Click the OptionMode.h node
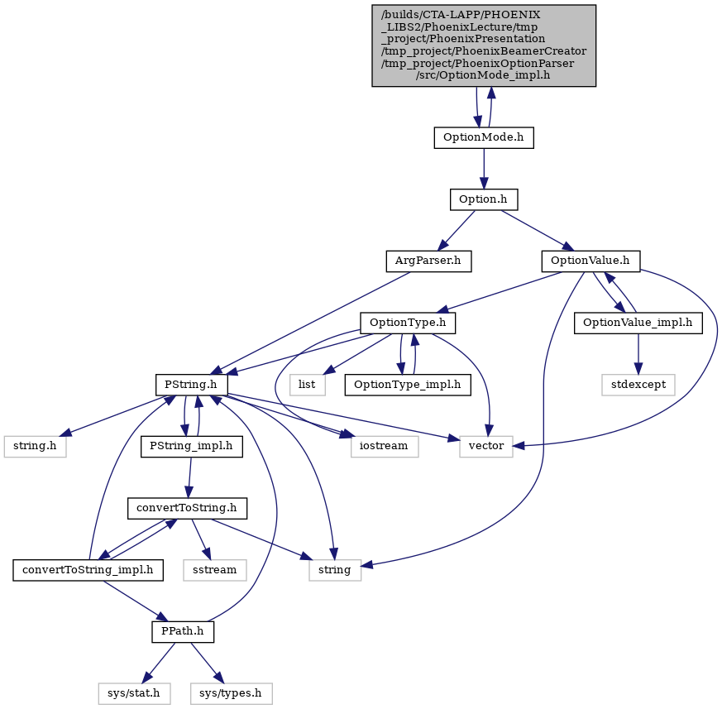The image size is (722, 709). [484, 137]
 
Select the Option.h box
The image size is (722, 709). [484, 199]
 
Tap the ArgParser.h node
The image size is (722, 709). [428, 261]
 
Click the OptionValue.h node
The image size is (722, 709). [591, 261]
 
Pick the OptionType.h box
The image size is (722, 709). [408, 323]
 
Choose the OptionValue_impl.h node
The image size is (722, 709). [638, 323]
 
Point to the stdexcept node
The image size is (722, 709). [638, 385]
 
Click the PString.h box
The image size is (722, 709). [191, 385]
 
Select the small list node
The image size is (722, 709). [307, 385]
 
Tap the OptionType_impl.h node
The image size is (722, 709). [408, 385]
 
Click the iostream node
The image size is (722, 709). [384, 447]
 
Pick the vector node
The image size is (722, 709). [486, 447]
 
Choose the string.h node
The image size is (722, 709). [35, 447]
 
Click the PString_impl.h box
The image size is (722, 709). [192, 447]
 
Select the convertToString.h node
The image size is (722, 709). [187, 508]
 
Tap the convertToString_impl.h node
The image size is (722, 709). [88, 570]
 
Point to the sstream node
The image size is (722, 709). [215, 570]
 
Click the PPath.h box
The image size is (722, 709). [183, 631]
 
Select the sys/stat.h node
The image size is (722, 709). [134, 693]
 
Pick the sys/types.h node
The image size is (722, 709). [231, 693]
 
